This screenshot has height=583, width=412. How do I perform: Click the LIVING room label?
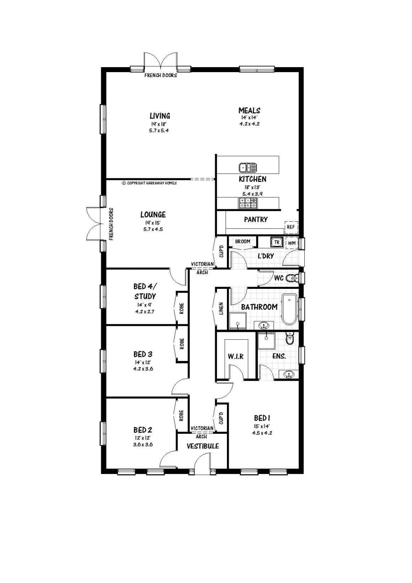(x=159, y=116)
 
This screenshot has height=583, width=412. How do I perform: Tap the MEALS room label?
(x=249, y=110)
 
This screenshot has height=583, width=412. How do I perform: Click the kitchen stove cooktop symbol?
(x=248, y=203)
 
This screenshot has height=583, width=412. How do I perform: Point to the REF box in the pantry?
(x=291, y=227)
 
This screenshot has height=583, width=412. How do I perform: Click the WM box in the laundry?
(x=291, y=243)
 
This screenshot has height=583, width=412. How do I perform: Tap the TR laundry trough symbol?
(x=276, y=242)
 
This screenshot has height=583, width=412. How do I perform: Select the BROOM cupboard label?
(x=243, y=242)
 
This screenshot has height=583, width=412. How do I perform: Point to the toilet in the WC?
(x=292, y=278)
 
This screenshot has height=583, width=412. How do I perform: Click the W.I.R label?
(x=235, y=356)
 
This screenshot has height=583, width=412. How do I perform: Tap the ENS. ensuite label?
(x=279, y=356)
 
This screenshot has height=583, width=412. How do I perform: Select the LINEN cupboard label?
(x=221, y=309)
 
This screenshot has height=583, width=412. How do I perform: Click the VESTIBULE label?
(x=202, y=446)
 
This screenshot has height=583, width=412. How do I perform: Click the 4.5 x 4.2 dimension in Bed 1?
(x=262, y=433)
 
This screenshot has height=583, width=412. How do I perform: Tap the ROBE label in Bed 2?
(x=181, y=415)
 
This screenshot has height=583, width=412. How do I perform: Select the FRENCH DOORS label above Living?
(x=161, y=76)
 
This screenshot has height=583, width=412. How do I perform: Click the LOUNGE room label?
(x=153, y=215)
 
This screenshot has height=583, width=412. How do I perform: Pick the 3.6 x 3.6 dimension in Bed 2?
(x=143, y=444)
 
